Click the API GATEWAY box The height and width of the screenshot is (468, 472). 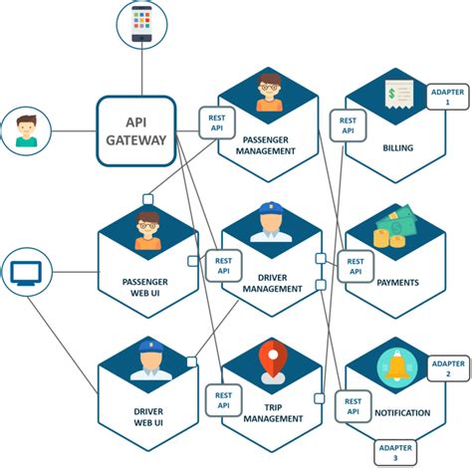(136, 130)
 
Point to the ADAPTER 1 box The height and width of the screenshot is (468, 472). (446, 97)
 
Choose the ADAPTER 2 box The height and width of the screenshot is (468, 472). (447, 369)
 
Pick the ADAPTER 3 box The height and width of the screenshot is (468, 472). (395, 453)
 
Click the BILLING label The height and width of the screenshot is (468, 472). (397, 148)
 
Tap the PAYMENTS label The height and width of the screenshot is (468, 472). (397, 282)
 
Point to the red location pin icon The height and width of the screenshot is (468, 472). (273, 359)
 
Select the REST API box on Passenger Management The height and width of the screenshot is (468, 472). (217, 122)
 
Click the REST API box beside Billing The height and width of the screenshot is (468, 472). (348, 125)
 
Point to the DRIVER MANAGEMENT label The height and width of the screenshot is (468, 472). (272, 282)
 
